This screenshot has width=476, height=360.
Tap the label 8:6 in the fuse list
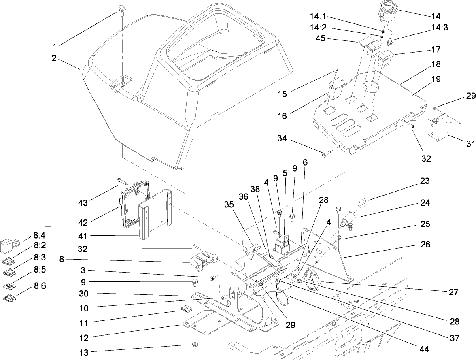click(x=40, y=285)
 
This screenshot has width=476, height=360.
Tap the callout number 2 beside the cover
click(x=53, y=58)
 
